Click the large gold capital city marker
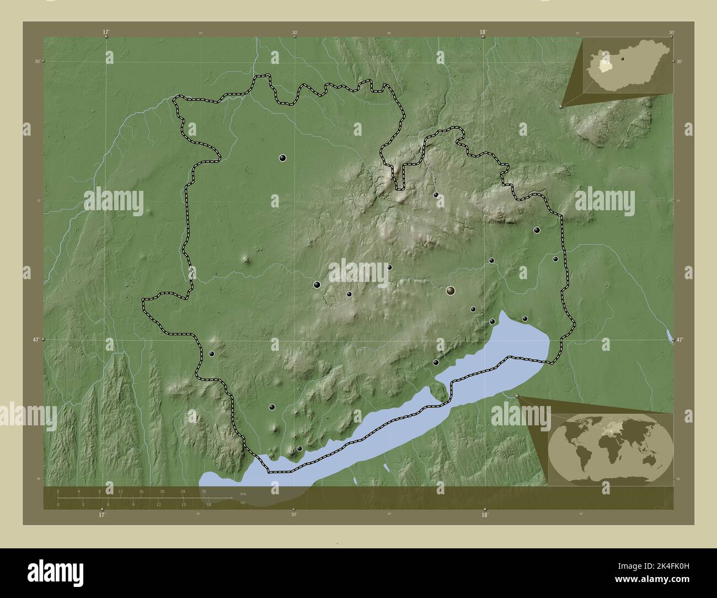pos(451,290)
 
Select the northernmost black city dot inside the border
pos(283,158)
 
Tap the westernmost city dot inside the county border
pos(211,354)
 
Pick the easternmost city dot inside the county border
pos(555,259)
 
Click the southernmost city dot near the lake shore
pos(299,448)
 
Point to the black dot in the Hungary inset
pos(622,58)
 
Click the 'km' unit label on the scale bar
pos(243,494)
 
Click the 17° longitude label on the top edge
pos(106,32)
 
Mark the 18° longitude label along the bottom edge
pos(484,515)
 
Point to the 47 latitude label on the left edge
pos(36,340)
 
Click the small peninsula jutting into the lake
pos(440,392)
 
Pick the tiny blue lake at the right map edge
pos(669,335)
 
